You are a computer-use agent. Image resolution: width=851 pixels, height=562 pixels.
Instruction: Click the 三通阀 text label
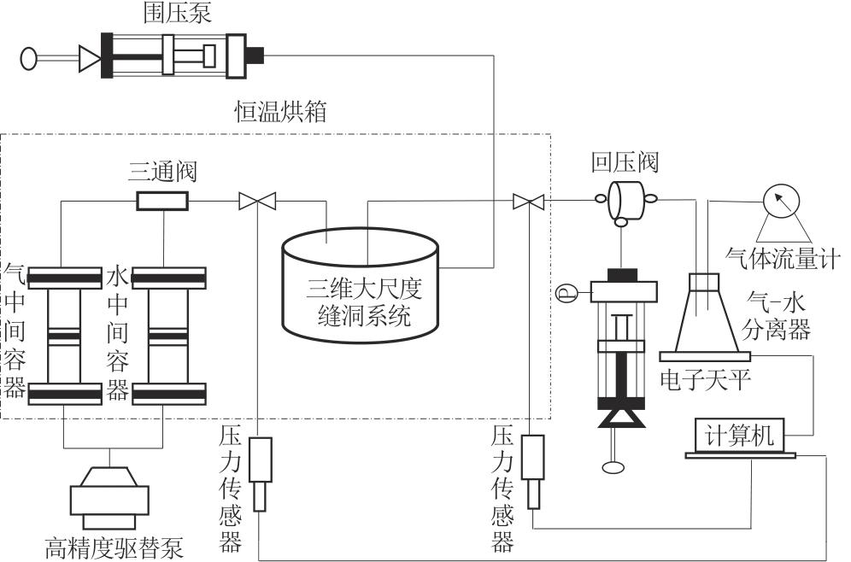(162, 173)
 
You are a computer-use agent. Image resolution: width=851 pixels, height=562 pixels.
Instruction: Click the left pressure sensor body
(260, 462)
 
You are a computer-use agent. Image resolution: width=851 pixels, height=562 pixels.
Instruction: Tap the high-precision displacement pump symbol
(113, 495)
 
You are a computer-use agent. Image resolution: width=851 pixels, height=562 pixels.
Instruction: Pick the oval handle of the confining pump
(30, 59)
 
